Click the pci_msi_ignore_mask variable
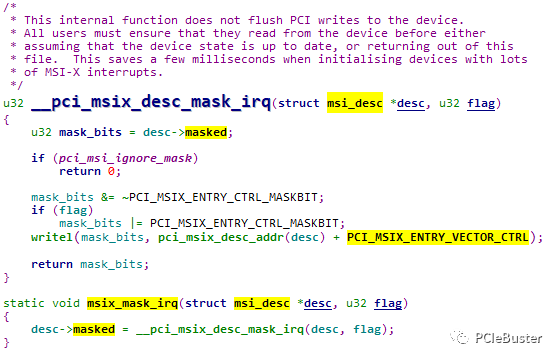tap(104, 158)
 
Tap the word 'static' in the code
tap(25, 302)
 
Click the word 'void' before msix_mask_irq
tap(67, 302)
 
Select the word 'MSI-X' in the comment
tap(40, 71)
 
